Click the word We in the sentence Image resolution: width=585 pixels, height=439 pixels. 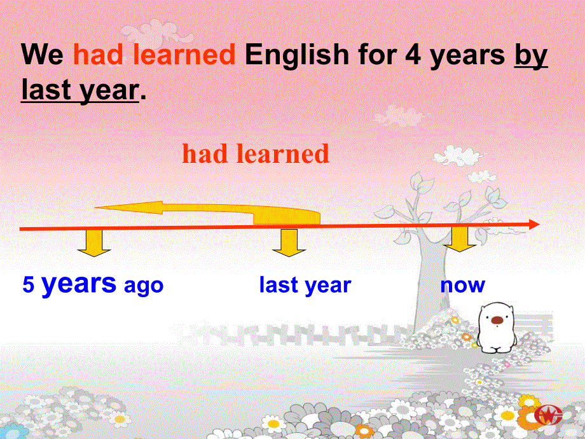coord(42,55)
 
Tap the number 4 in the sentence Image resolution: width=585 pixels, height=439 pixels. coord(413,55)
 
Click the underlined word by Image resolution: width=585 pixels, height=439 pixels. coord(531,56)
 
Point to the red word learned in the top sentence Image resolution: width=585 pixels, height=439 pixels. coord(184,54)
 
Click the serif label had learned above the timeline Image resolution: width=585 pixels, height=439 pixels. coord(256,153)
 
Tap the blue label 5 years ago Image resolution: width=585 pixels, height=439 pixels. coord(93,284)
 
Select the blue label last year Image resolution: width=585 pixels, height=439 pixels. coord(305,285)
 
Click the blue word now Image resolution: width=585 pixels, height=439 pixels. coord(463,286)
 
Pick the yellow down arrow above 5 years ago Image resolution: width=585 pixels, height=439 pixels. coord(94,243)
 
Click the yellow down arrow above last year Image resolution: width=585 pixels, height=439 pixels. coord(289,243)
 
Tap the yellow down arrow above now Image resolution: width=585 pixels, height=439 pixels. coord(460,239)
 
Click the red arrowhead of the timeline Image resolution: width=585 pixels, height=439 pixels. coord(534,225)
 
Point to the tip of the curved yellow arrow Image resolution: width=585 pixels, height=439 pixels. coord(95,207)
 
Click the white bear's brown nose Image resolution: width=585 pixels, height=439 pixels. coord(497,320)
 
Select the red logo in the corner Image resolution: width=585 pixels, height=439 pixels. coord(548,415)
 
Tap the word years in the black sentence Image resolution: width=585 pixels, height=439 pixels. coord(467,57)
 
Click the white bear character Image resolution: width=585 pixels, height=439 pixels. coord(497,328)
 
